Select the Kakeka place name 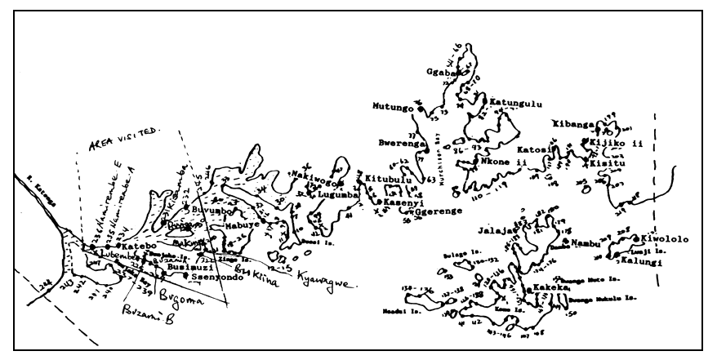pos(550,287)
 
